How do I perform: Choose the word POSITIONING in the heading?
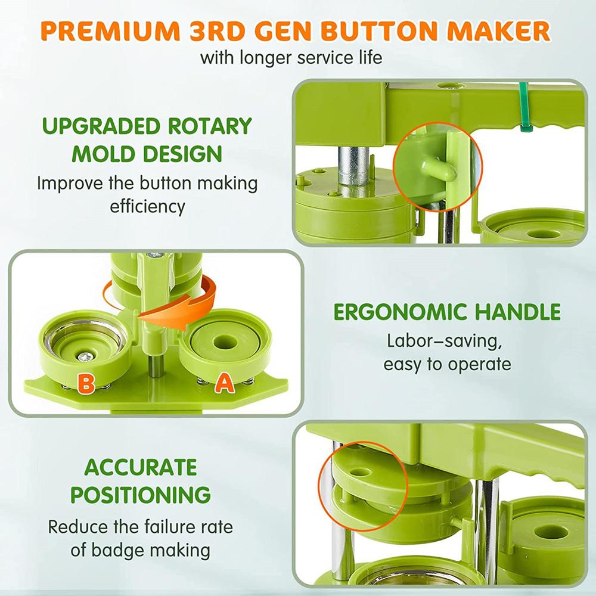tap(141, 494)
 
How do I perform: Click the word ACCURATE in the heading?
tap(141, 467)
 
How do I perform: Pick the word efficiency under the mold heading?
tap(147, 206)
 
